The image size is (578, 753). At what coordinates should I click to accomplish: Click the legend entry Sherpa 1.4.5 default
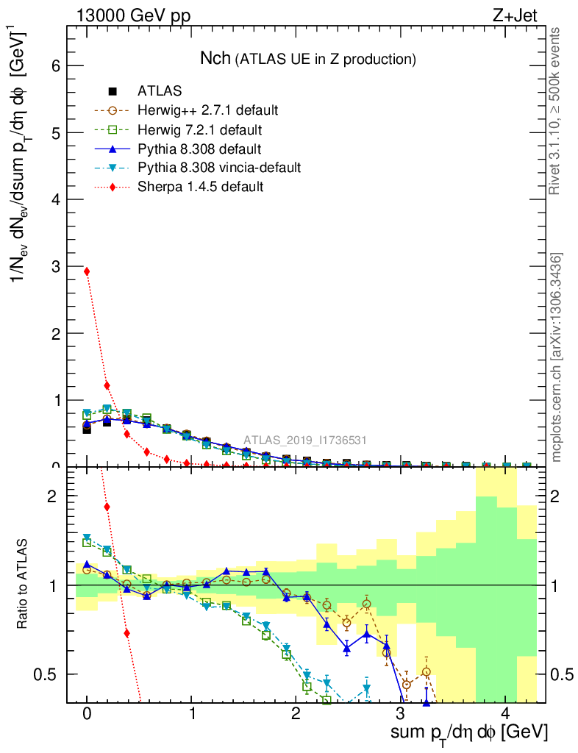tap(200, 187)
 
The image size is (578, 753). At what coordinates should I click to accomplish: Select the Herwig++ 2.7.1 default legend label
tap(207, 111)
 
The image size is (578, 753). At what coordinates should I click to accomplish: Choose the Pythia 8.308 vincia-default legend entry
tap(218, 168)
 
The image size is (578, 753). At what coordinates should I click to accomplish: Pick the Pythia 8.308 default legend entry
tap(199, 149)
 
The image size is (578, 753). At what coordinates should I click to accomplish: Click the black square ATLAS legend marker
tap(113, 92)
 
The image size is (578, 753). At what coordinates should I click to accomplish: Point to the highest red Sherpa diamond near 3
tap(87, 271)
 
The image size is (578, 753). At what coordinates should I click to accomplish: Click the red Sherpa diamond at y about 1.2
tap(107, 385)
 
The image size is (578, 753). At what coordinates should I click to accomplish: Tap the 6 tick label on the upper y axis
tap(54, 65)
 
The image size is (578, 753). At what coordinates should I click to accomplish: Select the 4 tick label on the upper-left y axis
tap(54, 199)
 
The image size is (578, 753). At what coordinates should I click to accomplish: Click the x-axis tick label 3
tap(400, 714)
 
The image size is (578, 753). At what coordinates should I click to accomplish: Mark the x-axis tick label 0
tap(87, 714)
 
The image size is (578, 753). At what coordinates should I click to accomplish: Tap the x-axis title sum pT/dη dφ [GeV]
tap(469, 732)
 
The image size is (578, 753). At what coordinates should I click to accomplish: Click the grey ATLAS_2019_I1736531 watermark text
tap(305, 440)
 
